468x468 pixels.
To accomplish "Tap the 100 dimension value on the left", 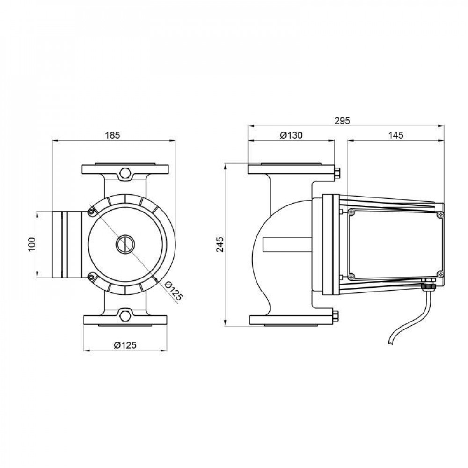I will (31, 244).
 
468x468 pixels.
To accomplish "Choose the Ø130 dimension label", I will (291, 135).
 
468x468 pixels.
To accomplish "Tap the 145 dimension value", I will (395, 135).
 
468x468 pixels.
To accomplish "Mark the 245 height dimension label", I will (220, 244).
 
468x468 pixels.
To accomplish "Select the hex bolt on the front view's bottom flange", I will (125, 315).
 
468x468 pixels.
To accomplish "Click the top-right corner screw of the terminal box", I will (439, 214).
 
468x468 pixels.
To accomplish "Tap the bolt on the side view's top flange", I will (337, 173).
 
